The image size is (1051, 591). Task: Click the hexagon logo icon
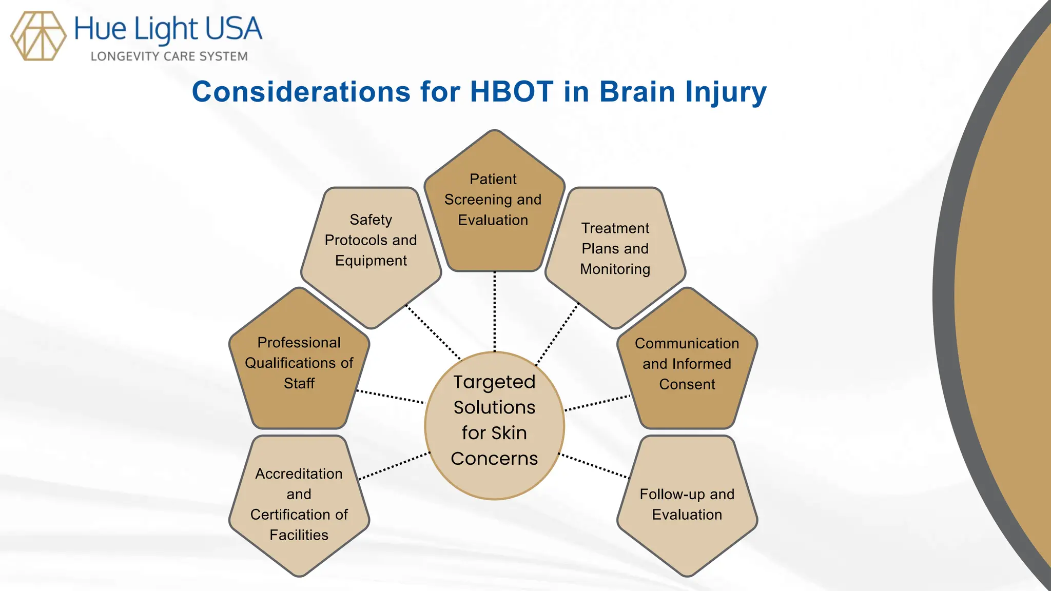(x=38, y=36)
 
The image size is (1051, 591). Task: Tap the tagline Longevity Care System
(x=169, y=56)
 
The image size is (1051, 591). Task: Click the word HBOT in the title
(x=511, y=92)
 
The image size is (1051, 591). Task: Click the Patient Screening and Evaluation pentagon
(x=494, y=205)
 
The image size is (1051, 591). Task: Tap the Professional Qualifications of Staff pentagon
(x=299, y=364)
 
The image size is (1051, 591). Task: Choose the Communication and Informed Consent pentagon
(x=687, y=364)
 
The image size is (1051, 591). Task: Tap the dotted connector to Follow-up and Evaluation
(x=594, y=466)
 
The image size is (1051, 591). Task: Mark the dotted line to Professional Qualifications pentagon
(x=390, y=397)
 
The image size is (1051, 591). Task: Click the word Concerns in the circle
(x=494, y=459)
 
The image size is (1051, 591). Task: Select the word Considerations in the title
(x=301, y=92)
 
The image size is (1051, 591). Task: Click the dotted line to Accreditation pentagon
(x=394, y=466)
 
